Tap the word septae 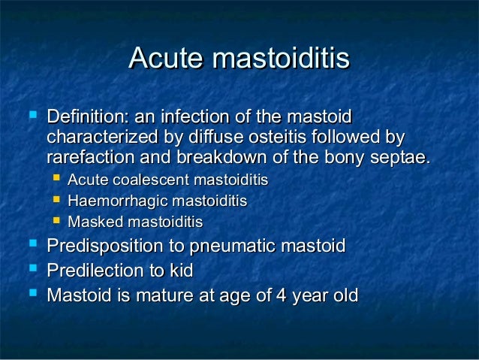(402, 159)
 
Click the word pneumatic (230, 247)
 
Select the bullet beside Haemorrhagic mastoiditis (57, 201)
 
